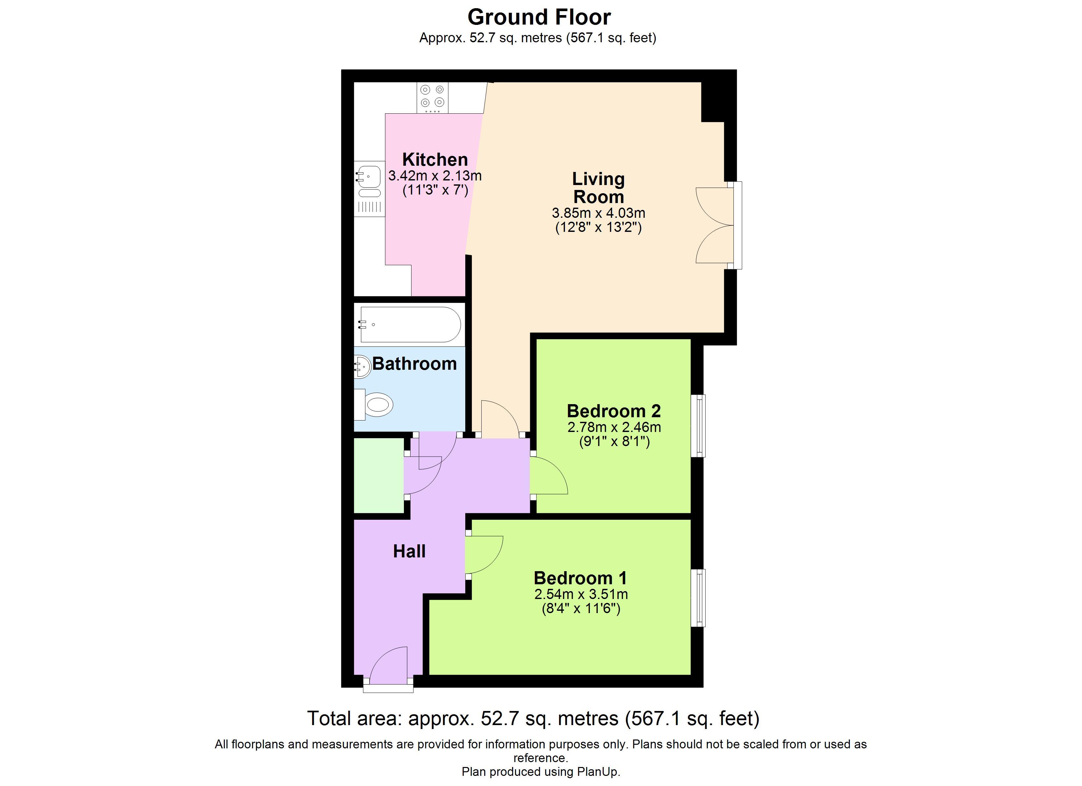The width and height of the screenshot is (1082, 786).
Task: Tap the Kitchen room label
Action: click(435, 159)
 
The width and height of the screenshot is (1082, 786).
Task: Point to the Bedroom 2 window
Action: click(699, 425)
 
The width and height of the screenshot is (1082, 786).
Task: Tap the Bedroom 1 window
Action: click(699, 597)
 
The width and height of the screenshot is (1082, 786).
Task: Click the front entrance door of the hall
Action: click(389, 666)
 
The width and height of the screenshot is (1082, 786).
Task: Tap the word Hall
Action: click(409, 552)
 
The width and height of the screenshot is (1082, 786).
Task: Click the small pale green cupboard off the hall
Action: click(379, 475)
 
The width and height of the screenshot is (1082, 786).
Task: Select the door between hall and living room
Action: click(499, 420)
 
